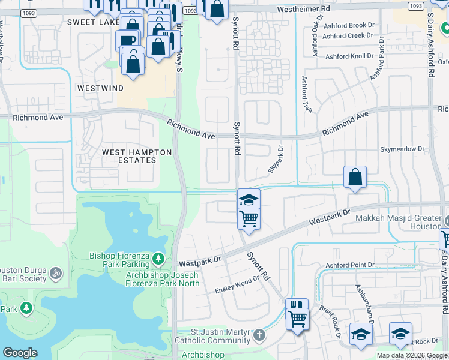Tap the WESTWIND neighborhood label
pyautogui.click(x=100, y=88)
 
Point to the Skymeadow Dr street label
pyautogui.click(x=402, y=149)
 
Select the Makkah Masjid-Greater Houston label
pyautogui.click(x=400, y=223)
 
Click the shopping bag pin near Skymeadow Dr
pyautogui.click(x=355, y=178)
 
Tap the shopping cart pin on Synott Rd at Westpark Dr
pyautogui.click(x=249, y=219)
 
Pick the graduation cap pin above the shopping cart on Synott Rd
pyautogui.click(x=249, y=200)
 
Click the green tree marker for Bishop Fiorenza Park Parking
pyautogui.click(x=158, y=259)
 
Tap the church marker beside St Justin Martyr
pyautogui.click(x=259, y=335)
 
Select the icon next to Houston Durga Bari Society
pyautogui.click(x=55, y=274)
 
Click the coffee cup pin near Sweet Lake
pyautogui.click(x=127, y=41)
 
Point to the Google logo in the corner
pyautogui.click(x=20, y=353)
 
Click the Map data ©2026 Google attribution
pyautogui.click(x=412, y=355)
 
